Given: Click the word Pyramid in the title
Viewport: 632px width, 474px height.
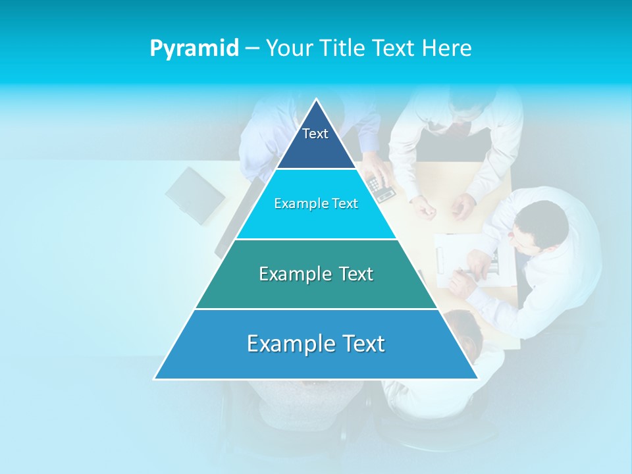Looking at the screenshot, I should (x=194, y=49).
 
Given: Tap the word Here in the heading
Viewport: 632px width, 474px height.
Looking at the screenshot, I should (x=447, y=49).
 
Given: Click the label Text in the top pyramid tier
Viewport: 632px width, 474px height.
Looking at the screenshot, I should (x=315, y=134).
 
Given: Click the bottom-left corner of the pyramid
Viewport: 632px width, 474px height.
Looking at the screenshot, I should (x=155, y=379).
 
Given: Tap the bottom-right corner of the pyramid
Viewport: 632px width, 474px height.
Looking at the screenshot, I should (x=477, y=379).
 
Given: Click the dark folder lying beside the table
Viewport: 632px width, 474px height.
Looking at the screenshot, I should (x=195, y=196).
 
